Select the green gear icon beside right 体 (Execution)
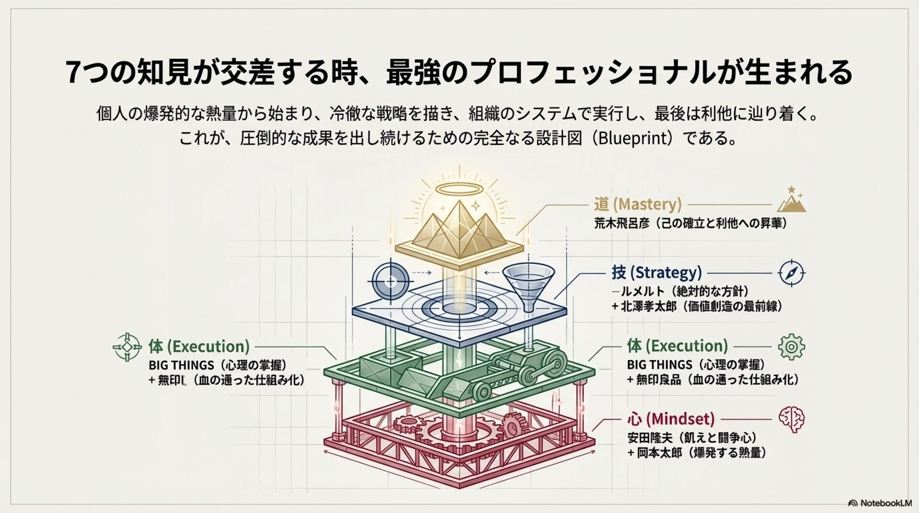792,347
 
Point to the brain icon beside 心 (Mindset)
792,420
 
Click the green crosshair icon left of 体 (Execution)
127,346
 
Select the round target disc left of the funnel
391,281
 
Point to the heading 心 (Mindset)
670,420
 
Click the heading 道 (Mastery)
638,204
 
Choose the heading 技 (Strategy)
657,273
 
